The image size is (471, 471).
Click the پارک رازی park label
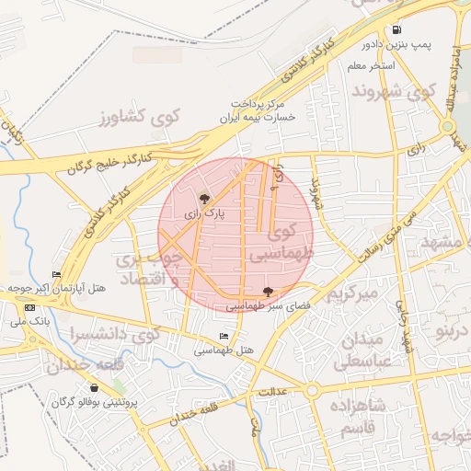[x=204, y=213]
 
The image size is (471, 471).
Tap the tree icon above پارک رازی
[x=204, y=198]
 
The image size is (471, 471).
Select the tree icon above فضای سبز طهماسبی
[x=268, y=291]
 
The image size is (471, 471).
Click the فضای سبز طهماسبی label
[x=268, y=304]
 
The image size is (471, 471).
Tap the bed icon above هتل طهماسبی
[x=224, y=336]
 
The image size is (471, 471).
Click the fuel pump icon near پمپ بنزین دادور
[x=396, y=29]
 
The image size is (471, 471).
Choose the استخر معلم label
[x=372, y=66]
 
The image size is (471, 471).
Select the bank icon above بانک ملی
[x=31, y=307]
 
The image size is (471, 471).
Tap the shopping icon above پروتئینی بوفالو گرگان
[x=94, y=388]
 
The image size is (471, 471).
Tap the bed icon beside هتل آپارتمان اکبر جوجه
[x=57, y=275]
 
